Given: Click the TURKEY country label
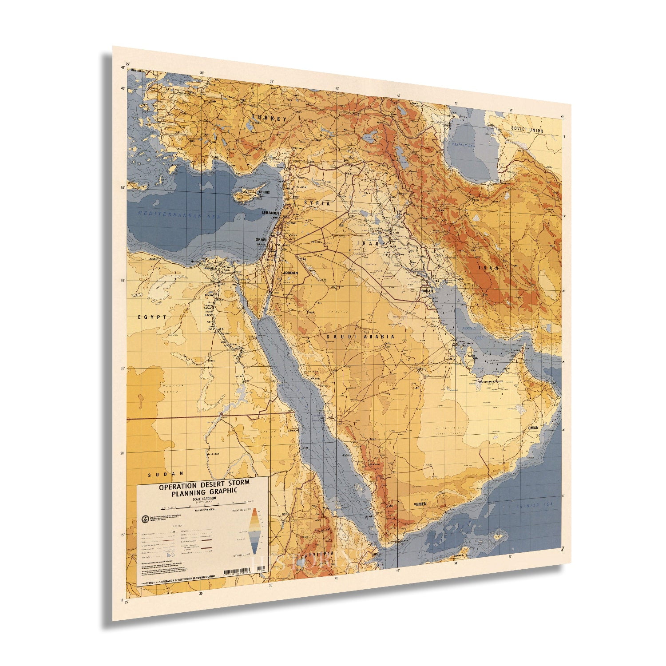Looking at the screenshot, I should [x=269, y=118].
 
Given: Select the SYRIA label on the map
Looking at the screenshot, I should [x=317, y=203].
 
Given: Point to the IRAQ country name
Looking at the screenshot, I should [x=369, y=243].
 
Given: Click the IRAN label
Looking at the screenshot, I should [x=488, y=268].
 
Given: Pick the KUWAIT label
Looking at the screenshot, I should [x=426, y=291].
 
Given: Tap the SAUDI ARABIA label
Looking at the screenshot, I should [x=361, y=337].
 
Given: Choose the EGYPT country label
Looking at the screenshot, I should [x=152, y=317].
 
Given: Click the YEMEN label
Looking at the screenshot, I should [x=420, y=504].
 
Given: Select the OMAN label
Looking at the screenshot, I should [x=533, y=428].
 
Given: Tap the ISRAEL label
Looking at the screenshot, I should [x=261, y=239].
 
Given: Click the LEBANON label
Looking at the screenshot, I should [x=270, y=213].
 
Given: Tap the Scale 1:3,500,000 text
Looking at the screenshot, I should [x=205, y=499].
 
